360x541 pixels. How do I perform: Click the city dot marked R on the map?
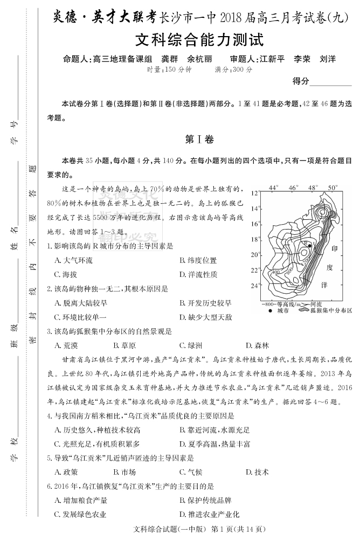click(309, 246)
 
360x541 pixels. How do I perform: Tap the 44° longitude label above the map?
click(274, 188)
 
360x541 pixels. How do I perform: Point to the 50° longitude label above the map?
click(333, 188)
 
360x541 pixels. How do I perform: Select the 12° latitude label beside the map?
click(255, 193)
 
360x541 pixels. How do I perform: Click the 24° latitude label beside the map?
click(255, 285)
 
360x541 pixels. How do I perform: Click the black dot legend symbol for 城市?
click(269, 311)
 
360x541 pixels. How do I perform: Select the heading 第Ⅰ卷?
click(199, 140)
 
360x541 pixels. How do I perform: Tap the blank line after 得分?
click(331, 82)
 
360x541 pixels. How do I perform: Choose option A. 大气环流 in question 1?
click(74, 260)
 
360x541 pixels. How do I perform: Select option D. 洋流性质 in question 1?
click(198, 274)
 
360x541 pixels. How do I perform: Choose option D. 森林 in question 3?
click(257, 345)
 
